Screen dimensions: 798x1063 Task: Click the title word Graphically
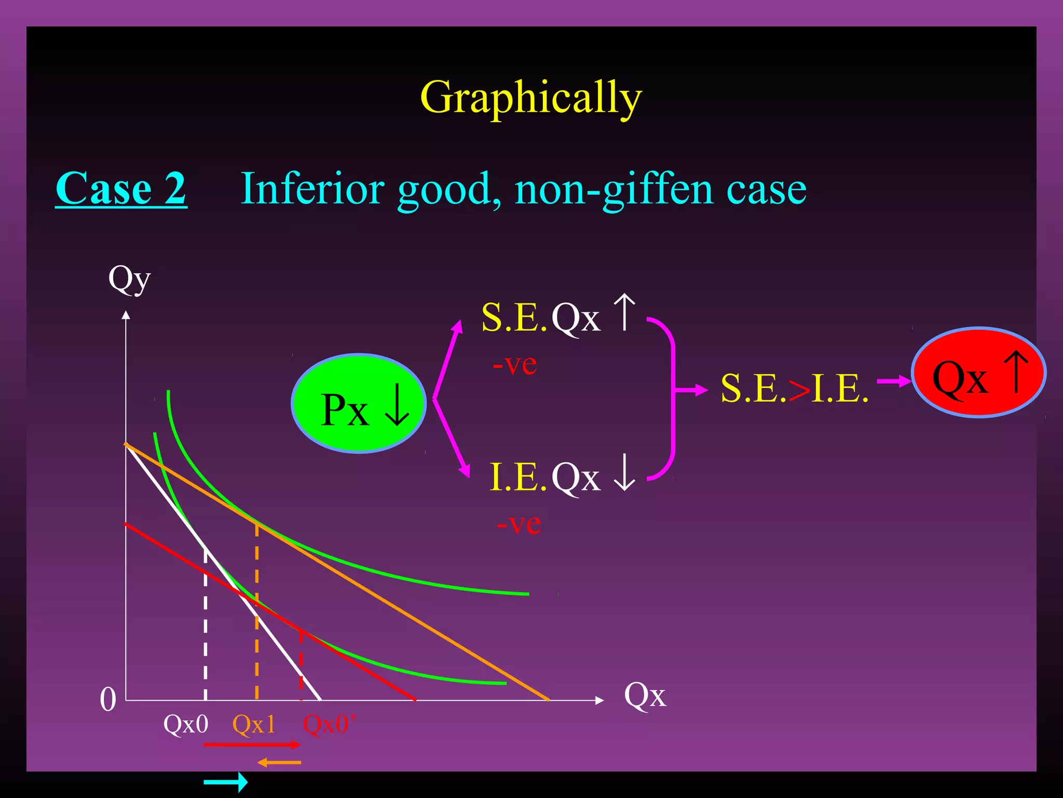[x=531, y=98]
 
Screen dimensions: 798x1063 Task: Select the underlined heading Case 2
[x=121, y=188]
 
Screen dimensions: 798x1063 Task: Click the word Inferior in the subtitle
[x=313, y=188]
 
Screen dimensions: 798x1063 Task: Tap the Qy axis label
[x=129, y=279]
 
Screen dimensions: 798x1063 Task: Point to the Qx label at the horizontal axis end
[x=645, y=695]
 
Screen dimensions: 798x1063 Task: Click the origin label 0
[x=108, y=699]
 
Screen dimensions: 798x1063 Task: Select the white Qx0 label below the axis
[x=186, y=724]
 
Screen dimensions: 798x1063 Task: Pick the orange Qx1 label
[x=254, y=724]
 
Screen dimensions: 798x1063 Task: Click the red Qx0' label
[x=329, y=724]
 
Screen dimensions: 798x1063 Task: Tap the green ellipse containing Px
[x=359, y=404]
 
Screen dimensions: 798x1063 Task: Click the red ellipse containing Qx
[x=978, y=372]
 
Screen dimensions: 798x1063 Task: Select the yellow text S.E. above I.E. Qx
[x=514, y=317]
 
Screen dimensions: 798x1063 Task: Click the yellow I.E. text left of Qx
[x=518, y=477]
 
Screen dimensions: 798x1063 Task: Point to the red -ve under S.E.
[x=514, y=364]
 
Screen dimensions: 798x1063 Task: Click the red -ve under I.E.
[x=519, y=524]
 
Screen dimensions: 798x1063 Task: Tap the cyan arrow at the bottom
[x=226, y=781]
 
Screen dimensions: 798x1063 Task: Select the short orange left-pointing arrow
[x=279, y=763]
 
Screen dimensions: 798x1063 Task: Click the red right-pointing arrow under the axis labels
[x=252, y=745]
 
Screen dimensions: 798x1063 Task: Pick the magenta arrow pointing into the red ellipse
[x=894, y=382]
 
